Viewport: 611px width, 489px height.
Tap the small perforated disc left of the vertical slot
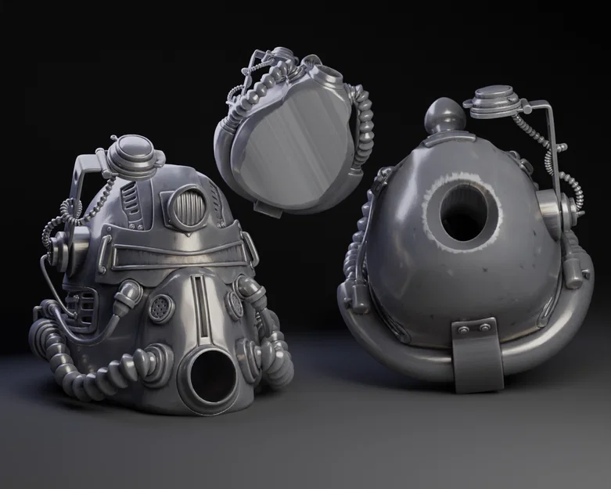pos(161,308)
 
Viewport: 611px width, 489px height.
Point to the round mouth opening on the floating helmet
pos(329,75)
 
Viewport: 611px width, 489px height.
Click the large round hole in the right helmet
pos(467,214)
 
